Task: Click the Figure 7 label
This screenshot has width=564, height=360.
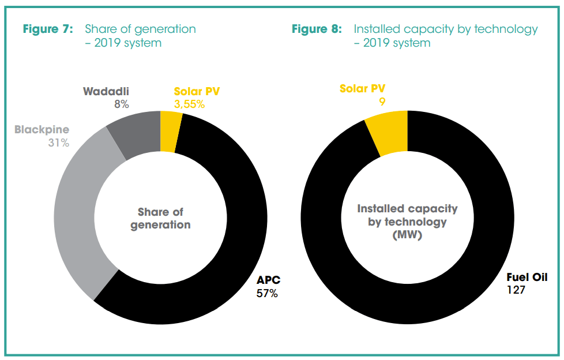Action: [48, 29]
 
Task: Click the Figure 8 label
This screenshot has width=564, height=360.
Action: [317, 29]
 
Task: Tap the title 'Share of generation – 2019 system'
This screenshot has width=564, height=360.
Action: [140, 36]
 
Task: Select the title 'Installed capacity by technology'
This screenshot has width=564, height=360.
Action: [445, 29]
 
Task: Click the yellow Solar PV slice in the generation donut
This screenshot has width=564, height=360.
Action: [171, 132]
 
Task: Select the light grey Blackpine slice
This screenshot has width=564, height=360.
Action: [75, 219]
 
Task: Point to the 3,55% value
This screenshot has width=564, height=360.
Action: [189, 104]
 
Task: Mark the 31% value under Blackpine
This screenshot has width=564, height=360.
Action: [59, 143]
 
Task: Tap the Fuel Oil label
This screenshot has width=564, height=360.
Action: [527, 277]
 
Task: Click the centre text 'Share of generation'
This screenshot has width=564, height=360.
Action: [160, 219]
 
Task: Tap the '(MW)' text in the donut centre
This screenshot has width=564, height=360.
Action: [407, 235]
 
